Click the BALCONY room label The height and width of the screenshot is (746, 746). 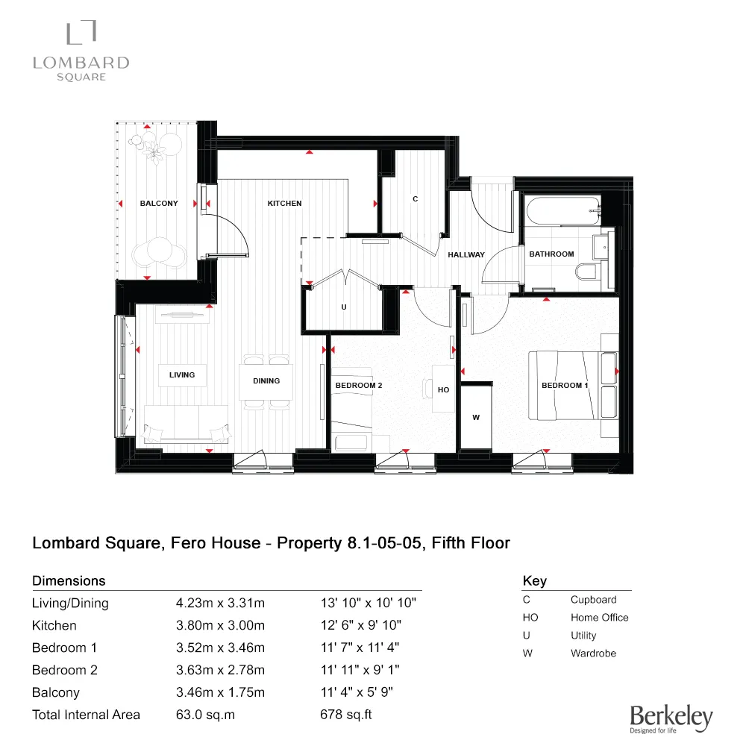click(x=159, y=204)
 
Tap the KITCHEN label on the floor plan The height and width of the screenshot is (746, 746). click(x=285, y=204)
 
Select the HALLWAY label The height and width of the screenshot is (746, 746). click(x=466, y=255)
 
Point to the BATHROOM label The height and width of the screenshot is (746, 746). click(x=551, y=254)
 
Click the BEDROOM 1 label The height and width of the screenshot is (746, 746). click(x=565, y=386)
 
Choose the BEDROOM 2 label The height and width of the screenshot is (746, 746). click(x=358, y=386)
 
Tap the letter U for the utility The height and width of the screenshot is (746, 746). click(x=343, y=307)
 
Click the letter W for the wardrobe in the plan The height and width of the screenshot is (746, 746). click(x=476, y=418)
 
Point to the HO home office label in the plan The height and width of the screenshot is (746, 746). click(x=443, y=390)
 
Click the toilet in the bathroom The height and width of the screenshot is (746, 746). click(x=587, y=270)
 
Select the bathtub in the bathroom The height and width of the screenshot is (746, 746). click(x=562, y=211)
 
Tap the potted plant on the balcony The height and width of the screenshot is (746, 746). click(x=156, y=151)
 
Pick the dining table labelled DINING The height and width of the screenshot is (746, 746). click(x=266, y=381)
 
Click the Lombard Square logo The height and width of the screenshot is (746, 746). click(x=81, y=52)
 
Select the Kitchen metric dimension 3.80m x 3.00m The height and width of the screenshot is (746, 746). click(x=220, y=626)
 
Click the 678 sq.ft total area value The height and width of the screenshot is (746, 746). click(x=345, y=715)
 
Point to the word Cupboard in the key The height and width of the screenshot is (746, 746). click(x=593, y=600)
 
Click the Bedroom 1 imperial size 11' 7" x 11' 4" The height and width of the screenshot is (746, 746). click(x=362, y=648)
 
